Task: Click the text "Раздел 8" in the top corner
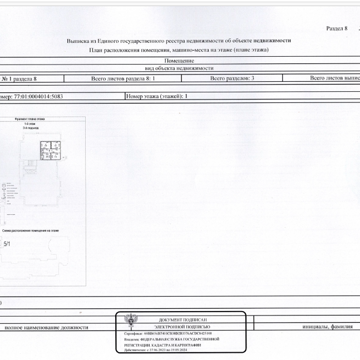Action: pos(336,28)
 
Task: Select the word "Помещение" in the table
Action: pos(179,60)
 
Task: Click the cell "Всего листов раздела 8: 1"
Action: pos(122,78)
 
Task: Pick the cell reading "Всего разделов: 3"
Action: pos(232,78)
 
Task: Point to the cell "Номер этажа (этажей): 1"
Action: pos(157,96)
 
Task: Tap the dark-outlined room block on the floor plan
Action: pos(50,150)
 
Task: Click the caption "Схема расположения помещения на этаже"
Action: pos(30,230)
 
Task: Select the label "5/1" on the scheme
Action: pos(7,244)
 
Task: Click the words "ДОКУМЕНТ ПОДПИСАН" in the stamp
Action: pos(183,320)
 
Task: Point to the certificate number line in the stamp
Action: pos(167,333)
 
